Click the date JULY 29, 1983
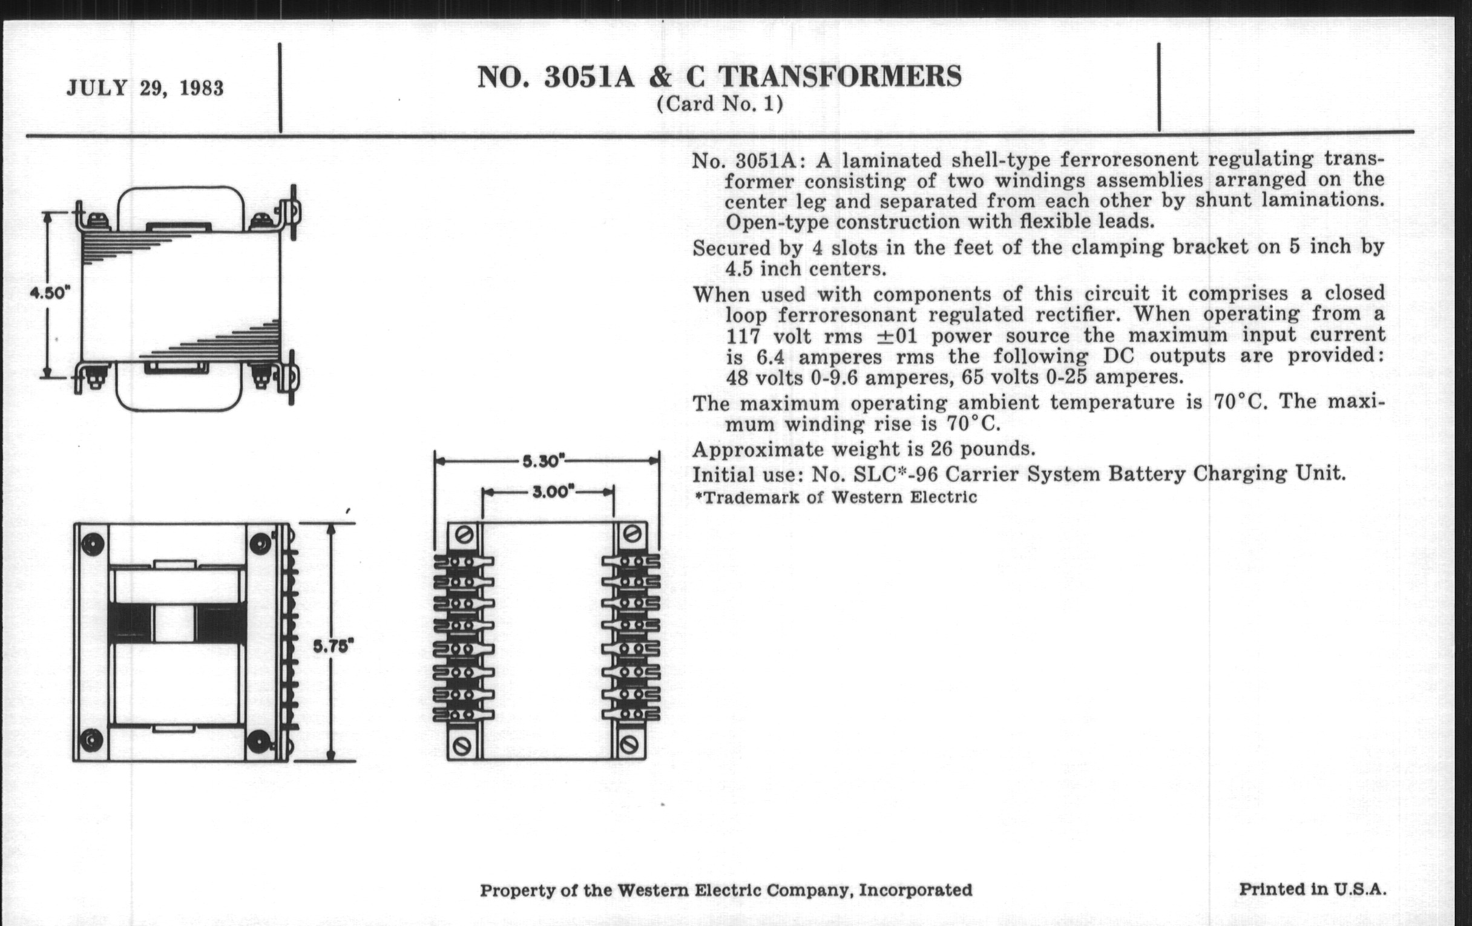pyautogui.click(x=145, y=88)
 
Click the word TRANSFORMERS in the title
pyautogui.click(x=839, y=77)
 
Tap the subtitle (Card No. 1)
pyautogui.click(x=720, y=104)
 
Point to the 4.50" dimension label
pyautogui.click(x=50, y=293)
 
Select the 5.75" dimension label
pyautogui.click(x=333, y=645)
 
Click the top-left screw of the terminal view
pyautogui.click(x=465, y=536)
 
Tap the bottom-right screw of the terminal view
pyautogui.click(x=629, y=745)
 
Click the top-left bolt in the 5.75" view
pyautogui.click(x=93, y=543)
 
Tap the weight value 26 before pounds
pyautogui.click(x=941, y=449)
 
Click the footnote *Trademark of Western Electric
pyautogui.click(x=836, y=497)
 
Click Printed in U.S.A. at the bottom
pyautogui.click(x=1312, y=888)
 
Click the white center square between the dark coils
pyautogui.click(x=174, y=623)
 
